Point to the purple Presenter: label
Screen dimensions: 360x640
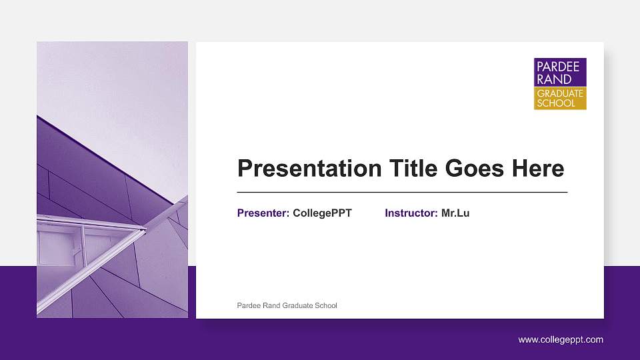pyautogui.click(x=263, y=213)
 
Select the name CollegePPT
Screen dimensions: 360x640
pyautogui.click(x=322, y=213)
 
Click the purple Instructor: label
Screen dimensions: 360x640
pyautogui.click(x=411, y=213)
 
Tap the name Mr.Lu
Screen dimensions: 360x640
pyautogui.click(x=455, y=213)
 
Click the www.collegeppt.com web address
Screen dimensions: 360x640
pyautogui.click(x=561, y=340)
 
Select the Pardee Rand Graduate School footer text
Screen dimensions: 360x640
pyautogui.click(x=287, y=306)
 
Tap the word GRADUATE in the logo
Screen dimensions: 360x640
pyautogui.click(x=560, y=93)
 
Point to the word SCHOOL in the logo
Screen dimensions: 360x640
pyautogui.click(x=555, y=103)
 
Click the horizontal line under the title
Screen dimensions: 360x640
pyautogui.click(x=402, y=192)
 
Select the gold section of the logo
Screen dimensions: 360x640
pyautogui.click(x=560, y=98)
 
